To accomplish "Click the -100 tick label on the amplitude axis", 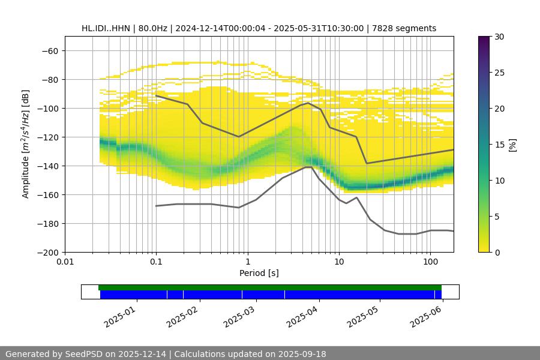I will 50,109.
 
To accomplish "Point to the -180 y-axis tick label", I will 50,224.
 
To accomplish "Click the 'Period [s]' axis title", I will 259,274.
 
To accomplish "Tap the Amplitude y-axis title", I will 26,145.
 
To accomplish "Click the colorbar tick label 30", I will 499,37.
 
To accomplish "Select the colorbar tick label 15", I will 499,145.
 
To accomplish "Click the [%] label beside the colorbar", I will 512,145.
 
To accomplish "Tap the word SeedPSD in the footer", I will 84,354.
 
